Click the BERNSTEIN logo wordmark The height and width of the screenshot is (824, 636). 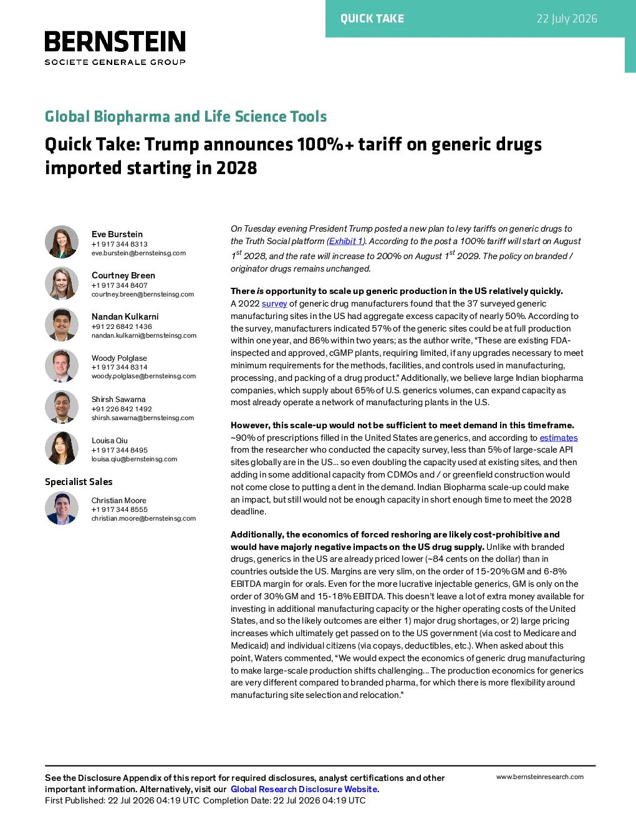click(115, 41)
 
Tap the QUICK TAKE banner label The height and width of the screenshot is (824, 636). click(372, 19)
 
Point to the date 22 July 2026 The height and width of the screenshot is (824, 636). click(567, 19)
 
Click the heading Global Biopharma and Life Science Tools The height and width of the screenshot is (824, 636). click(186, 116)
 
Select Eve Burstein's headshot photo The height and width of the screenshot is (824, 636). click(62, 242)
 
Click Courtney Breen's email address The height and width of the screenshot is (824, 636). click(142, 294)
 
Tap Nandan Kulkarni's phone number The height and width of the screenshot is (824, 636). click(122, 326)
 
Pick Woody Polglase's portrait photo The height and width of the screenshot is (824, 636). click(62, 366)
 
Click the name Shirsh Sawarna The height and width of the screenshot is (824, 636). click(118, 400)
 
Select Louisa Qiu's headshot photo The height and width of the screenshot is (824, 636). click(62, 448)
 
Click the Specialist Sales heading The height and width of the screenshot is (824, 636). click(79, 482)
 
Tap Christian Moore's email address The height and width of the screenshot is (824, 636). click(143, 518)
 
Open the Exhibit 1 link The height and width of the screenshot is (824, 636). click(345, 241)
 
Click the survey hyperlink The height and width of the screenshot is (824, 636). click(274, 304)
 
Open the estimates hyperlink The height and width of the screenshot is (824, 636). click(559, 438)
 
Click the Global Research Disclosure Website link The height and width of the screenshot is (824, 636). click(304, 789)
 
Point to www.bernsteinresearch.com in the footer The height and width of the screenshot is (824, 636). click(540, 777)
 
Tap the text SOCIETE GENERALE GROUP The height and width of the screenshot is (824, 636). click(115, 62)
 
